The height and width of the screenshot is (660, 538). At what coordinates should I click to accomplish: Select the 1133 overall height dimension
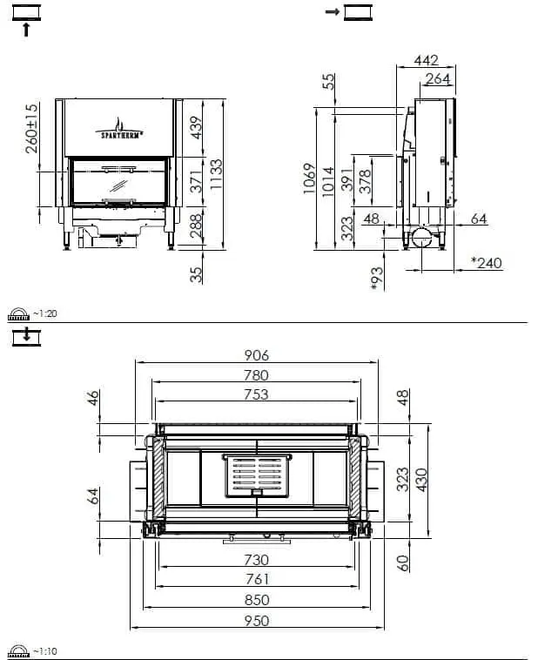pos(216,174)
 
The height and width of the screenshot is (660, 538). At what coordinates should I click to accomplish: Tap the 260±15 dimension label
pos(31,128)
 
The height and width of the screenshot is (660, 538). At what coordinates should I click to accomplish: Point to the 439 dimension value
pos(196,127)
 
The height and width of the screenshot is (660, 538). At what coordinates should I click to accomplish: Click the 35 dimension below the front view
pos(196,274)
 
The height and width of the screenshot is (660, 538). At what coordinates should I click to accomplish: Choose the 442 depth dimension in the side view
pos(426,61)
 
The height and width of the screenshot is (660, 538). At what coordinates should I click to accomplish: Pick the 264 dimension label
pos(438,78)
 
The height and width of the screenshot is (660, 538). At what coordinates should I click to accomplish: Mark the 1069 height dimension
pos(309,178)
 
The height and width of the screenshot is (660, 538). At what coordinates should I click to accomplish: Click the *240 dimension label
pos(487,263)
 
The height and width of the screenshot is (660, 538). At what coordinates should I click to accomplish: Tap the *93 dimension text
pos(377,279)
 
